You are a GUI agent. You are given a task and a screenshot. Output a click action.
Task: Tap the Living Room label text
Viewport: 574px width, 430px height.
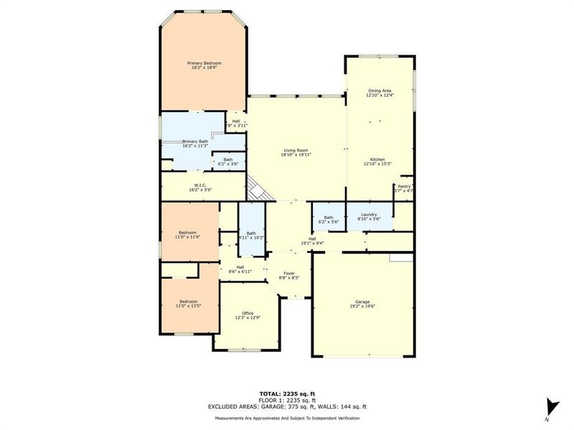pos(296,150)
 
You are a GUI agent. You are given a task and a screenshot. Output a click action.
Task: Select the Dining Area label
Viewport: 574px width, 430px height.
pos(380,90)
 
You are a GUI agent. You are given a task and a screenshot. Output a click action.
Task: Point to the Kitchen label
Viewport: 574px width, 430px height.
pos(378,158)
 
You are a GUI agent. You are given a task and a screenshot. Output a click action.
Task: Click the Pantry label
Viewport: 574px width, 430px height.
pos(404,186)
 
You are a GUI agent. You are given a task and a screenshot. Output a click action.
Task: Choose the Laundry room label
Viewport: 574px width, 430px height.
pos(370,214)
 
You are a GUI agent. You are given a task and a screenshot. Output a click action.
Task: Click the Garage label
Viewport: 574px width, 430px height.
pos(362,302)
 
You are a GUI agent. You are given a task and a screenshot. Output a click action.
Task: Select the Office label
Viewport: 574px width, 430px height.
pos(248,313)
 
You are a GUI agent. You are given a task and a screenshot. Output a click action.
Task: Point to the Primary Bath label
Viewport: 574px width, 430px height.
pos(194,142)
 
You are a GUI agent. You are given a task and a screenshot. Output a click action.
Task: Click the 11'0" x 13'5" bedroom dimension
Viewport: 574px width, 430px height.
pos(188,306)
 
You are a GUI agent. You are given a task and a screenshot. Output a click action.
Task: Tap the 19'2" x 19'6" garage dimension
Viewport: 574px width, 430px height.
pos(362,306)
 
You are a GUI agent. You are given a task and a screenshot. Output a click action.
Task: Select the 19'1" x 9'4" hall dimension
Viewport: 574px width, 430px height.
pos(312,243)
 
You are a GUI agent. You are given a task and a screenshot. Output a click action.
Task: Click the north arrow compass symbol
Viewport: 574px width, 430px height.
pos(550,406)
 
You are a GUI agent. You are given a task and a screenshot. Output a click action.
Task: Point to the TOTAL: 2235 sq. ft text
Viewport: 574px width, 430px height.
pos(287,393)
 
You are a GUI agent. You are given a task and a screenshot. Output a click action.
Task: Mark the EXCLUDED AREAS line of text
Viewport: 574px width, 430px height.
pos(287,406)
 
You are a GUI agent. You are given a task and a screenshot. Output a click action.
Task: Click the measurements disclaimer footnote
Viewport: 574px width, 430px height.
pos(287,418)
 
